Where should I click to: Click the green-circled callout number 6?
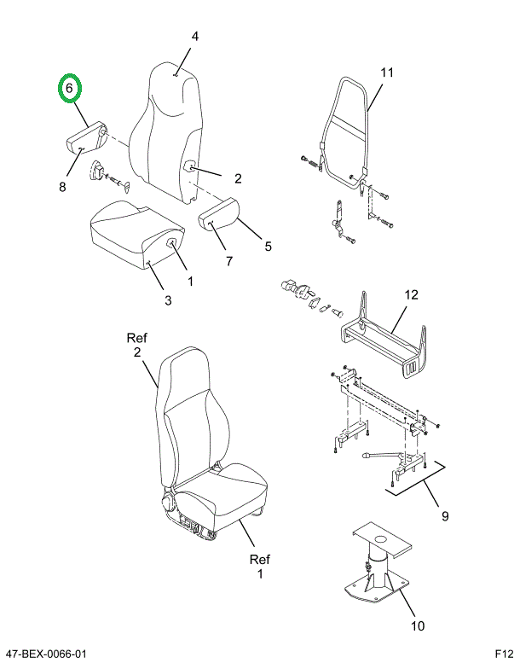pos(70,88)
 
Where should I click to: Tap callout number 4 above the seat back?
pos(194,37)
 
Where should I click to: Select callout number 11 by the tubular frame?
pos(387,73)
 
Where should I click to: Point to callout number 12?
pos(411,295)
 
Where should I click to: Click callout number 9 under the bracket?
pos(444,516)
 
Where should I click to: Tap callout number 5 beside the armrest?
pos(268,247)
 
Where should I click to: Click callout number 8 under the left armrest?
pos(62,187)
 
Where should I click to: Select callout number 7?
pos(228,260)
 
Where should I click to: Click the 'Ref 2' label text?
pos(136,345)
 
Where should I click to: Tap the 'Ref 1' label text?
pos(259,567)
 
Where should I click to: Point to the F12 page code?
pos(504,654)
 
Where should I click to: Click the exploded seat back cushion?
pos(170,128)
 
